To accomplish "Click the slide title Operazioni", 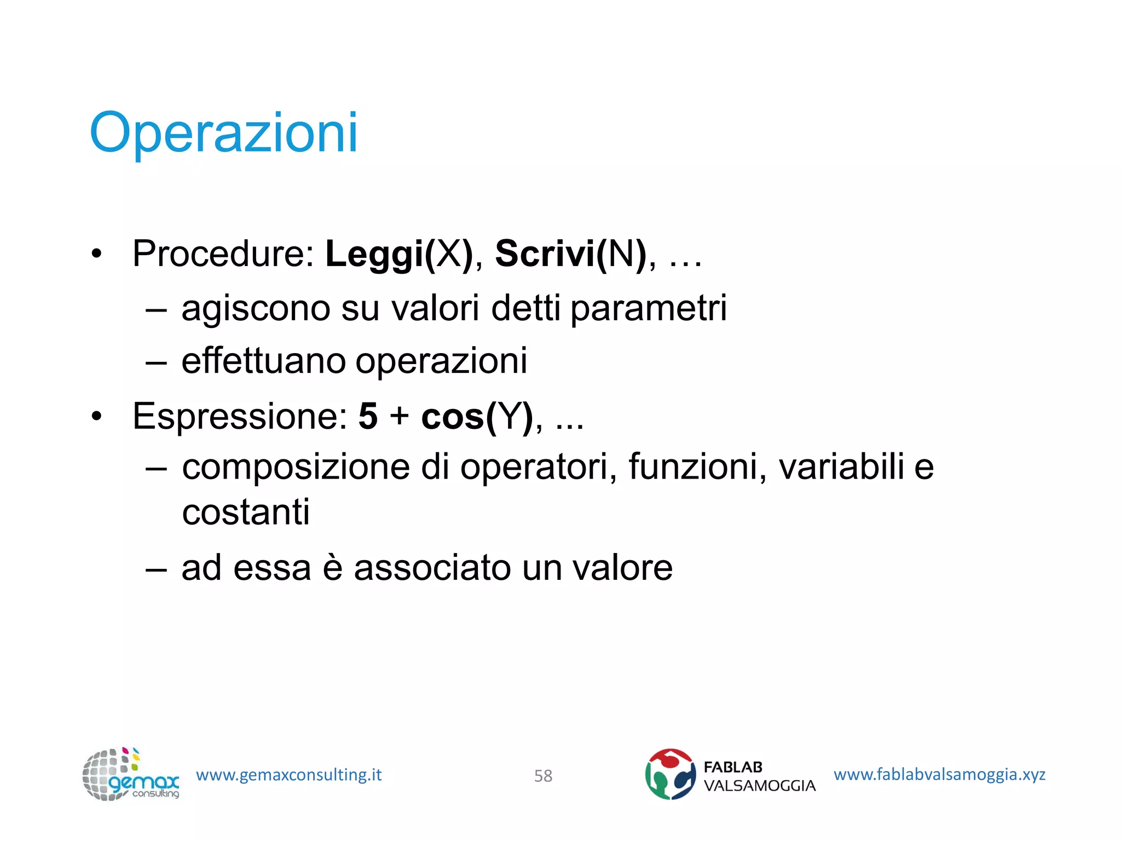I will (x=223, y=133).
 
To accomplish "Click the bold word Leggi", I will (x=375, y=255).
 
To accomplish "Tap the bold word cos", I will (x=453, y=417).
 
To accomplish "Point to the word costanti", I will (x=246, y=512).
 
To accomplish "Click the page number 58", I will (x=543, y=776).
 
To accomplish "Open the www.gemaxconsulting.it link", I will (x=288, y=775).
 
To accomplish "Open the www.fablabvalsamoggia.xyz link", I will (x=939, y=774).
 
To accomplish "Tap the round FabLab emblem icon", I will (x=670, y=774).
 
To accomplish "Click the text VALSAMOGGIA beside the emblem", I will (x=759, y=786).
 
